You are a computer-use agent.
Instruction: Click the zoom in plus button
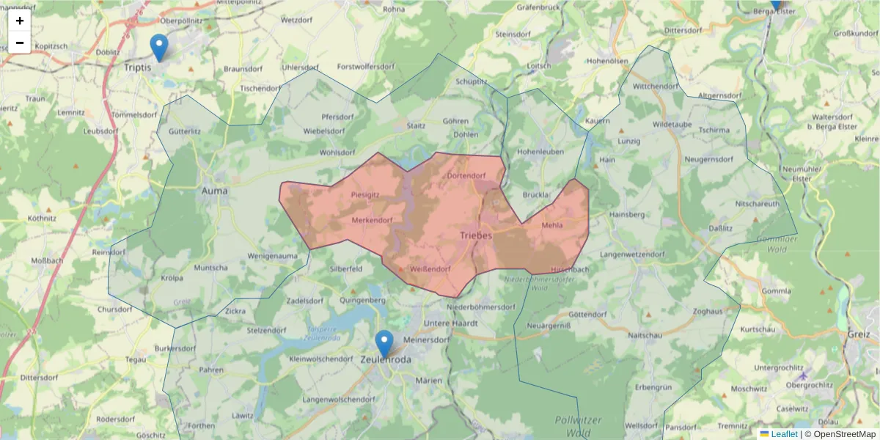coord(20,21)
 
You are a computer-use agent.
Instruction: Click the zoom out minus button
coord(20,43)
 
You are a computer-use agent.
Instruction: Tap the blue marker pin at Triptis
coord(158,48)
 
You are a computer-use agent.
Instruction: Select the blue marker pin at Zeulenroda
coord(384,344)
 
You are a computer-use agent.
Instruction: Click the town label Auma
coord(214,191)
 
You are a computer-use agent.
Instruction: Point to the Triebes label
coord(476,235)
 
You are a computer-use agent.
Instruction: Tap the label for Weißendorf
coord(430,269)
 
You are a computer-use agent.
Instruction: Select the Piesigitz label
coord(365,194)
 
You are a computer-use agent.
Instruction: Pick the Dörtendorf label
coord(466,176)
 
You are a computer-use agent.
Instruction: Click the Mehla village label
coord(552,225)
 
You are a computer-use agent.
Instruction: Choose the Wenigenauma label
coord(273,256)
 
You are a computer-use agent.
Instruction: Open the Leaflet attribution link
coord(784,434)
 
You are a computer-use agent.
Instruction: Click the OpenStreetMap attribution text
coord(840,434)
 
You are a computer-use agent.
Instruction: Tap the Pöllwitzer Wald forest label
coord(579,426)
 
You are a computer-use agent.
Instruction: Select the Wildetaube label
coord(672,125)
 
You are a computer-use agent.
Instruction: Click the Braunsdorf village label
coord(243,68)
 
